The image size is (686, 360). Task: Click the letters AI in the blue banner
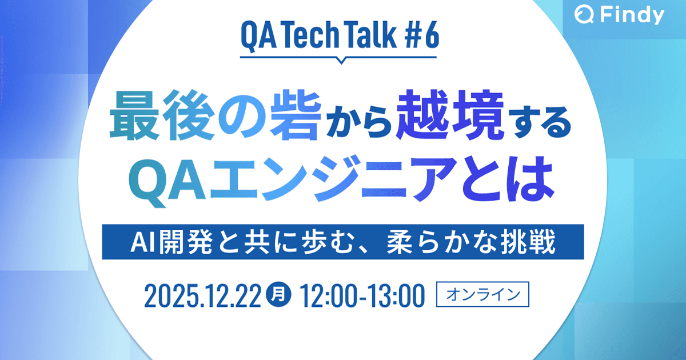(x=141, y=242)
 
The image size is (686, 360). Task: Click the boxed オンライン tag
(x=484, y=295)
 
